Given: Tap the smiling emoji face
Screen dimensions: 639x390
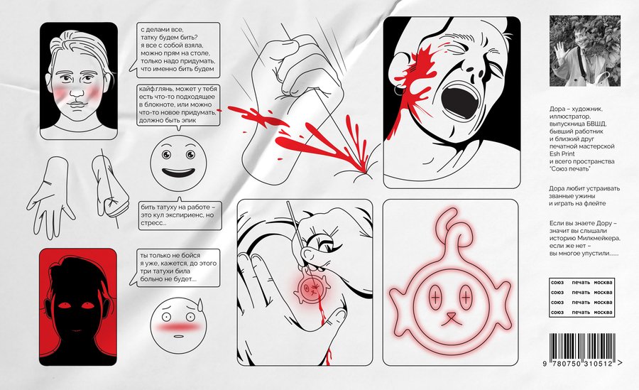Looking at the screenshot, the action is pos(178,163).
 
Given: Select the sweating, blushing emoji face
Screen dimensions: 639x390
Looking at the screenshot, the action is pos(178,325).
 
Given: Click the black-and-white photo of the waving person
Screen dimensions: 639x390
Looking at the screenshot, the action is pos(585,51).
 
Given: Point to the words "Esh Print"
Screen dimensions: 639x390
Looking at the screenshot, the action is pos(562,153).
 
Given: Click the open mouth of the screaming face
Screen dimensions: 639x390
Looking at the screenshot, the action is pos(460,98).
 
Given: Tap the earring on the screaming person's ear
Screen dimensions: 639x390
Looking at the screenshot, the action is pos(398,90).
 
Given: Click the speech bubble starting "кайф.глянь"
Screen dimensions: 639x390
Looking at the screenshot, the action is pos(178,105).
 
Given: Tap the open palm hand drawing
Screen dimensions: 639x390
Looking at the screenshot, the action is pos(51,198).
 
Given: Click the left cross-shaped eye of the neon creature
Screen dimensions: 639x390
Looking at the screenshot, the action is pos(436,298).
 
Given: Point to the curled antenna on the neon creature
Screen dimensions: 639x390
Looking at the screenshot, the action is pos(452,229).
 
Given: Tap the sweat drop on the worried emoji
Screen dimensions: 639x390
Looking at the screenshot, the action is pos(200,304).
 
